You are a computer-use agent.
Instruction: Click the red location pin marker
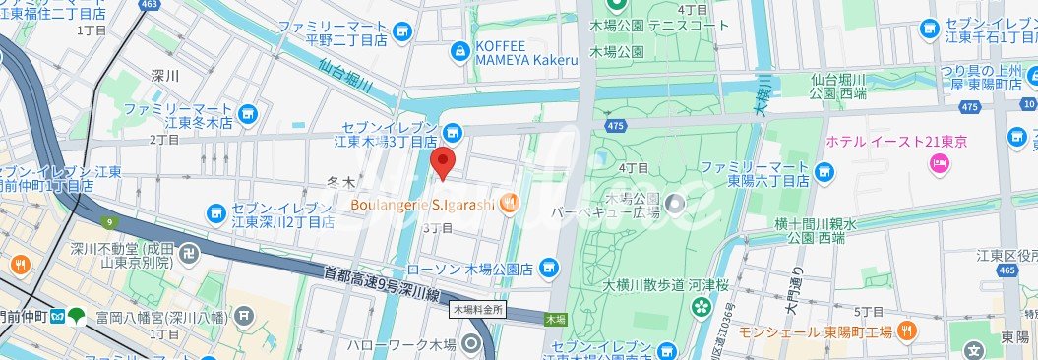[x=444, y=162]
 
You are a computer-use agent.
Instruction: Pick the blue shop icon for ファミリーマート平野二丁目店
[x=401, y=32]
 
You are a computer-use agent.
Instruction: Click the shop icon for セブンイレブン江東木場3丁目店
[x=452, y=132]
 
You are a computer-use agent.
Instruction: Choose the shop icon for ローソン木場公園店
[x=549, y=267]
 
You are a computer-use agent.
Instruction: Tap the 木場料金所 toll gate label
[x=478, y=309]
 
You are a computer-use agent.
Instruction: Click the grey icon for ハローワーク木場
[x=472, y=344]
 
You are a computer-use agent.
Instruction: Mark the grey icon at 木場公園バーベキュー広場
[x=675, y=205]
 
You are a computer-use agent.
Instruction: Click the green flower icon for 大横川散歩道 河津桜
[x=701, y=306]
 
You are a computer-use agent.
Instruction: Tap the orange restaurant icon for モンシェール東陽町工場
[x=910, y=330]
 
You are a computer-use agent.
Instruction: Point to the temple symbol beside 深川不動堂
[x=191, y=254]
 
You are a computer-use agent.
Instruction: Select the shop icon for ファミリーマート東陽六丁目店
[x=825, y=174]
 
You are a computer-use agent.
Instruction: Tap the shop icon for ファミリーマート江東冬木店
[x=248, y=114]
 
